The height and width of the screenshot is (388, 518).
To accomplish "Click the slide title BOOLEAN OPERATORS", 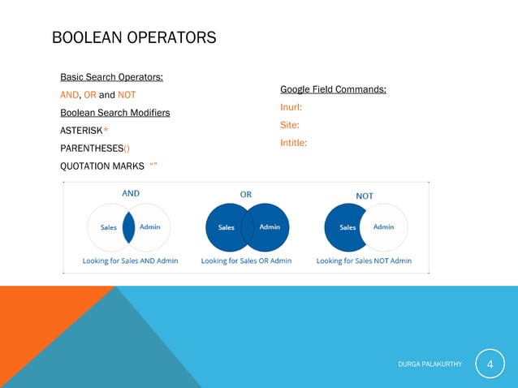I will (134, 38).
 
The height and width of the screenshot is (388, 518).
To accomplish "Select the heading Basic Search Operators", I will (111, 77).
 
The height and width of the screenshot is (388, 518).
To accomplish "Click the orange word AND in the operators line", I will (70, 95).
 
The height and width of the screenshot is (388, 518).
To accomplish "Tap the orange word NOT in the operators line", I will (127, 95).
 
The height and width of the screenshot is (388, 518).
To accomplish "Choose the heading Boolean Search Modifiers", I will (114, 113).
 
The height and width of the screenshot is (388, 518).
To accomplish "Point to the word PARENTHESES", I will (91, 149).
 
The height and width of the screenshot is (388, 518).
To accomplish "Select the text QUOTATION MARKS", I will (102, 166).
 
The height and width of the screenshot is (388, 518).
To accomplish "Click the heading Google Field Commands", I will (333, 89).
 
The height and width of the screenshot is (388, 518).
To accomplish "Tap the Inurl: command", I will (291, 107).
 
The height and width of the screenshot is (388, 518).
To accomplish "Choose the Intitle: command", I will (293, 143).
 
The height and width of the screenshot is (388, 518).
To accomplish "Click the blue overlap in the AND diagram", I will (128, 227).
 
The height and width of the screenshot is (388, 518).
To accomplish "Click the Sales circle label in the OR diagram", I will (227, 227).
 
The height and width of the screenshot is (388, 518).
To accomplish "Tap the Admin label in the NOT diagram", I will (383, 227).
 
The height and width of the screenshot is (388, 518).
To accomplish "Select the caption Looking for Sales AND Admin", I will (130, 261).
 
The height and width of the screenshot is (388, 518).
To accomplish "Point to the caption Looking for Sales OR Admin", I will (246, 261).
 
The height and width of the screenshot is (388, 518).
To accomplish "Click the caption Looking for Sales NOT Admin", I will (364, 261).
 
